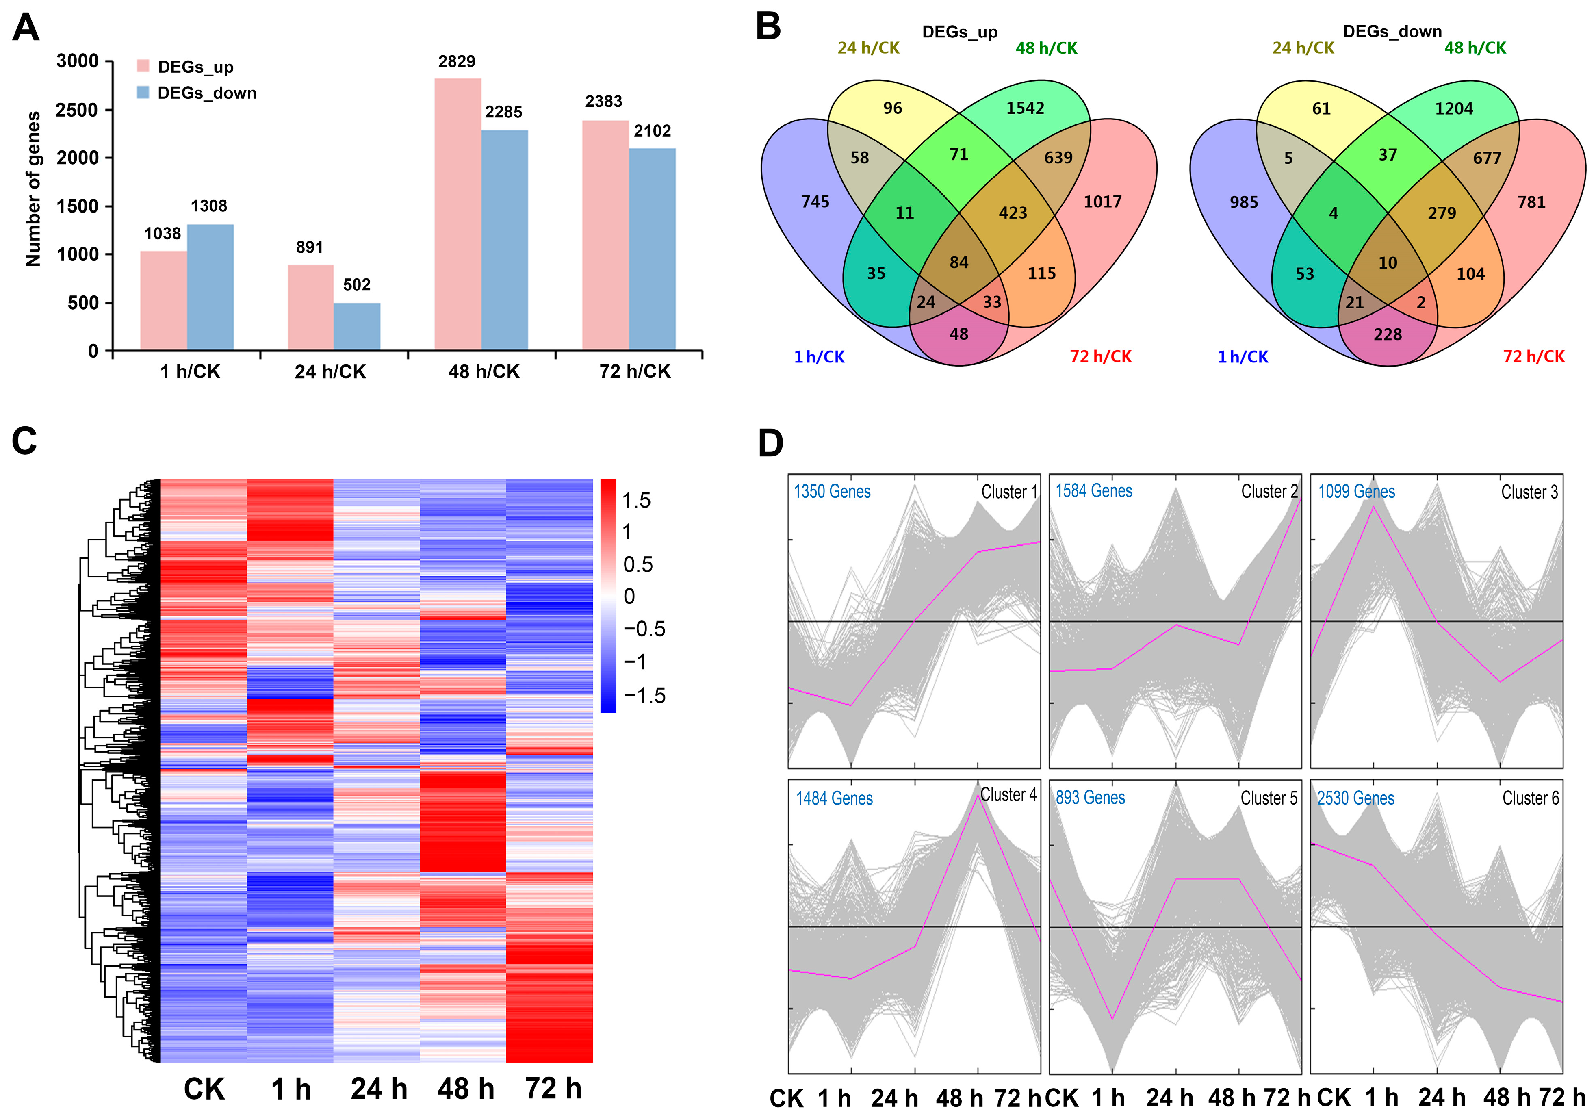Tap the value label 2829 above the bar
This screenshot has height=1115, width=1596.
pyautogui.click(x=457, y=62)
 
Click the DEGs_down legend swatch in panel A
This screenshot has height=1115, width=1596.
pyautogui.click(x=143, y=93)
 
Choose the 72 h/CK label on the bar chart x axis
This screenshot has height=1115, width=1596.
pyautogui.click(x=635, y=372)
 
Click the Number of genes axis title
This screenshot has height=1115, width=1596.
pyautogui.click(x=33, y=189)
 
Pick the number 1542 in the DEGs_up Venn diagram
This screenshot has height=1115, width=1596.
pyautogui.click(x=1025, y=108)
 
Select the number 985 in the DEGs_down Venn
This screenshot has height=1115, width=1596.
pyautogui.click(x=1244, y=202)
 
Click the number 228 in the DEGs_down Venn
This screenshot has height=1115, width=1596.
pyautogui.click(x=1388, y=334)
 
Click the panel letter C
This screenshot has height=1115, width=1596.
pyautogui.click(x=24, y=441)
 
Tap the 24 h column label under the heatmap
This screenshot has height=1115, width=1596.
pyautogui.click(x=379, y=1089)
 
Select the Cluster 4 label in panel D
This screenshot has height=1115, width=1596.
pyautogui.click(x=1008, y=794)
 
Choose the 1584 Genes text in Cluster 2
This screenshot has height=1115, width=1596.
pyautogui.click(x=1093, y=491)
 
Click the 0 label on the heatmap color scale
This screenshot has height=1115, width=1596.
pyautogui.click(x=629, y=597)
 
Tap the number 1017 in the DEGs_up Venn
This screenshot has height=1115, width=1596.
pyautogui.click(x=1102, y=202)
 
